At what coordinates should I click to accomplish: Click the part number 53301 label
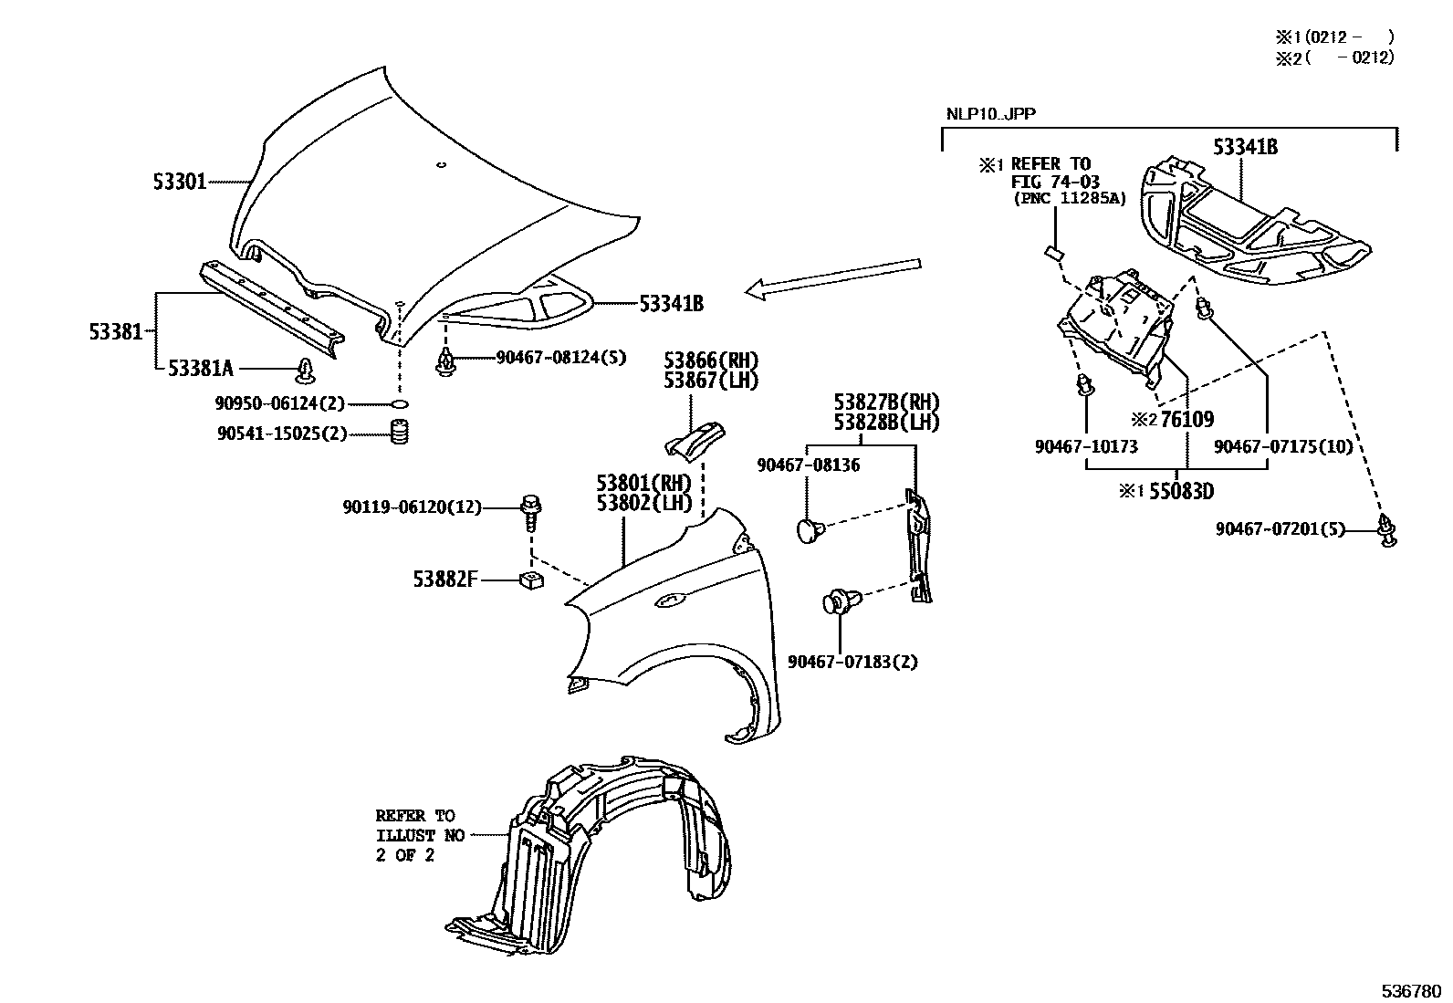coord(180,183)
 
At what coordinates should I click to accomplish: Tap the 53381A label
coord(200,368)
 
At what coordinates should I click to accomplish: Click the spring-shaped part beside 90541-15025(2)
coord(398,433)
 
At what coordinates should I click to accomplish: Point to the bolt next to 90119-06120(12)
coord(530,513)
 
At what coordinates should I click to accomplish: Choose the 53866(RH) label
coord(711,360)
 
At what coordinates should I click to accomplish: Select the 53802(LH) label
coord(644,502)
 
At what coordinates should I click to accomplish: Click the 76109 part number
coord(1186,420)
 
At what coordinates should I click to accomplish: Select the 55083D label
coord(1181,491)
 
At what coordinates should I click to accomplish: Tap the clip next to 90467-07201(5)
coord(1387,530)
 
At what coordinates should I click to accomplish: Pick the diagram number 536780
coord(1412,990)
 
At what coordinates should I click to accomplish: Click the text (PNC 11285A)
coord(1068,198)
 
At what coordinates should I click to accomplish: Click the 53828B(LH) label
coord(885,422)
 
